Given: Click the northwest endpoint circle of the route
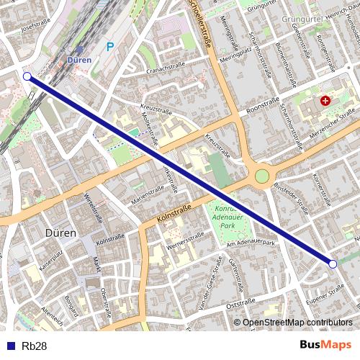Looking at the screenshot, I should tap(27, 76).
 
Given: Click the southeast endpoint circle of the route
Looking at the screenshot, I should tap(333, 264).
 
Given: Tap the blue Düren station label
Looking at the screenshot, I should tap(79, 60).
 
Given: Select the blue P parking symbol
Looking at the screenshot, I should tap(110, 47).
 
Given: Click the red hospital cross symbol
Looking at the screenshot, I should tap(325, 102).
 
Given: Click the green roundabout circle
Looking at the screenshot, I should tap(262, 176).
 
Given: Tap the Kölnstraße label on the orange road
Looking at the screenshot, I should tap(174, 214).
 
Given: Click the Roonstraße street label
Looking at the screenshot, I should tap(262, 105).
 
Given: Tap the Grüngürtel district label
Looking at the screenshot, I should tap(305, 19).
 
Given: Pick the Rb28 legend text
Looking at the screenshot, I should tap(35, 346).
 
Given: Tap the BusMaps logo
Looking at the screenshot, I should tap(325, 346).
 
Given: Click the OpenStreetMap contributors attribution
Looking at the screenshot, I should tap(297, 323).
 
